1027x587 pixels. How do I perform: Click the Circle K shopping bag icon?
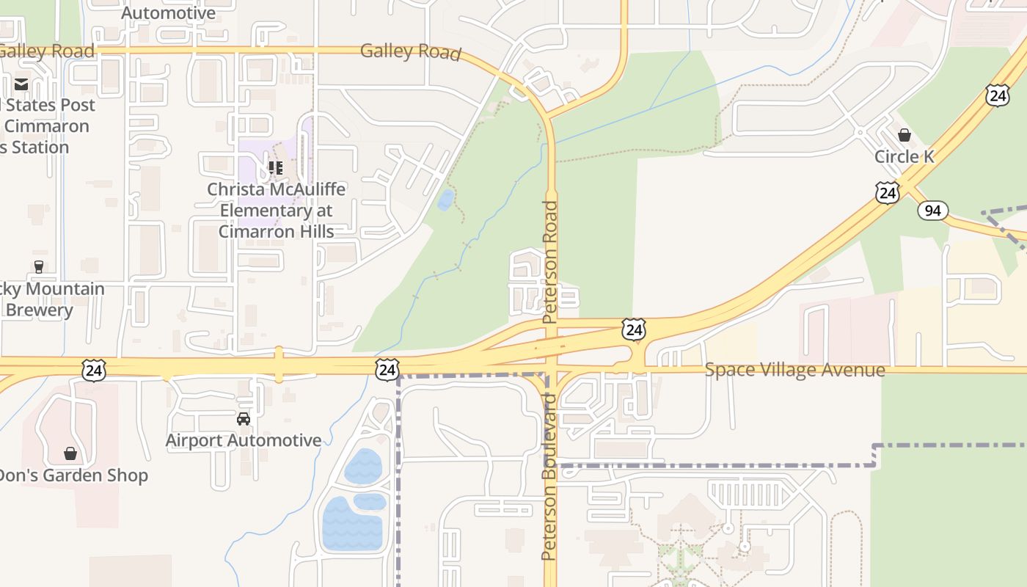point(904,135)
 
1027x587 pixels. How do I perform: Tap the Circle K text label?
point(904,156)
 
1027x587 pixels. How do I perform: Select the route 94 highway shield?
point(932,211)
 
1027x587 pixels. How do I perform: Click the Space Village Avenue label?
point(794,370)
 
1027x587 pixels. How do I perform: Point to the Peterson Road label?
point(550,262)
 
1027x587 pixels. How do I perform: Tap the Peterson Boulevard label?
point(549,476)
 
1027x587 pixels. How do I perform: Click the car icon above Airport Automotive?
point(243,419)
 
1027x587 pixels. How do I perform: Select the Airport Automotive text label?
point(243,440)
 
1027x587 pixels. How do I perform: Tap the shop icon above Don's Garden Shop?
point(70,454)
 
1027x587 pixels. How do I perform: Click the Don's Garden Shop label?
point(72,475)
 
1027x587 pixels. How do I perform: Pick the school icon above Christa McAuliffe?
point(276,168)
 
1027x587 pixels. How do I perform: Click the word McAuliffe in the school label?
point(303,189)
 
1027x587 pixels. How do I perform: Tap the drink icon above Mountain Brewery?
point(39,267)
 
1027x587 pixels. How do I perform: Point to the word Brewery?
point(39,310)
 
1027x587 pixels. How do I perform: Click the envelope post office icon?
point(21,84)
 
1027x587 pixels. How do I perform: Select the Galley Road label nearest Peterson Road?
point(410,51)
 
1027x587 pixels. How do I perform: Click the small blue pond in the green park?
point(445,200)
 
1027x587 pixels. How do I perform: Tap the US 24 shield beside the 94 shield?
point(888,193)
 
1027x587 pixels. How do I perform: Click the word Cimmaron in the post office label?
point(46,126)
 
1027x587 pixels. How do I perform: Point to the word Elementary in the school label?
point(276,211)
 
